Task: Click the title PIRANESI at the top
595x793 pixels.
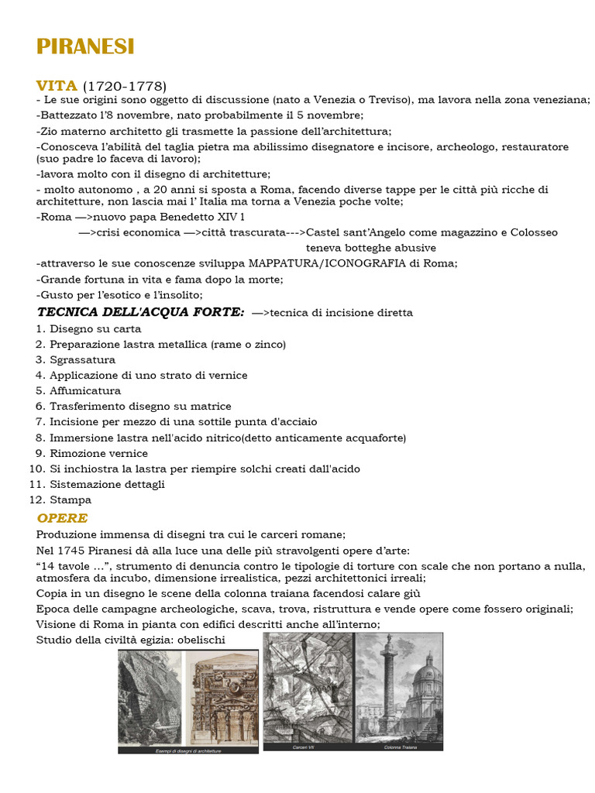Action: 85,47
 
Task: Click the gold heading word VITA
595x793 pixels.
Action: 57,86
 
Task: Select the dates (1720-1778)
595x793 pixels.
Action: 125,86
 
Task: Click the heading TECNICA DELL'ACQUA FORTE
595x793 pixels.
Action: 141,312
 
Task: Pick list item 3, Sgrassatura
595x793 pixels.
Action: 82,359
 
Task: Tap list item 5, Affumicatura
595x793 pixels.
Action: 85,390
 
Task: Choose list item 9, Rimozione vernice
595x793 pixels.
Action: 98,453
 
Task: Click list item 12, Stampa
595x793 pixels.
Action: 71,499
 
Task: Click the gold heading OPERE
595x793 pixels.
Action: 62,518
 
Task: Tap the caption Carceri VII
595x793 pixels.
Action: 303,747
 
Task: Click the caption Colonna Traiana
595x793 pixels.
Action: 400,747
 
